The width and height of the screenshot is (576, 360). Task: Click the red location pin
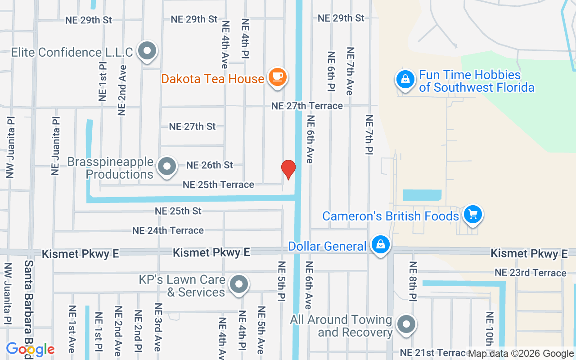[288, 169]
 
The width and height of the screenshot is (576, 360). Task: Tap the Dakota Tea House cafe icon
[277, 77]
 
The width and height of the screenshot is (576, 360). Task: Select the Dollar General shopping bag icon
[381, 245]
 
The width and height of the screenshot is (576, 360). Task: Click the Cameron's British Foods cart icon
[472, 214]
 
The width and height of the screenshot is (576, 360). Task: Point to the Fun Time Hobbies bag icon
[405, 80]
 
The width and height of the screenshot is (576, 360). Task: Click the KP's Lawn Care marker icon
[239, 284]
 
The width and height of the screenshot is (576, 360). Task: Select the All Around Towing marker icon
[406, 324]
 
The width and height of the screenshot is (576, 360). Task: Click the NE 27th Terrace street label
[307, 106]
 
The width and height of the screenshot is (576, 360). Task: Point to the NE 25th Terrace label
[218, 184]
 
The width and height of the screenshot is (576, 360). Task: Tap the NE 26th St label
[210, 165]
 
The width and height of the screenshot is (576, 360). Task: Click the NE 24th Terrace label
[168, 230]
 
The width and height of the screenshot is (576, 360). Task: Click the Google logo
[30, 349]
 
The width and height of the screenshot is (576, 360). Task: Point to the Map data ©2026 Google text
[521, 354]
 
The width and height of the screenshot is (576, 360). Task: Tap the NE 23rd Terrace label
[530, 273]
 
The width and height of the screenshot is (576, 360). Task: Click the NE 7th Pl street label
[369, 135]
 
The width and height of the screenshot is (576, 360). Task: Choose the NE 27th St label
[193, 126]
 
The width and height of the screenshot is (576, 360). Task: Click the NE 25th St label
[178, 211]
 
